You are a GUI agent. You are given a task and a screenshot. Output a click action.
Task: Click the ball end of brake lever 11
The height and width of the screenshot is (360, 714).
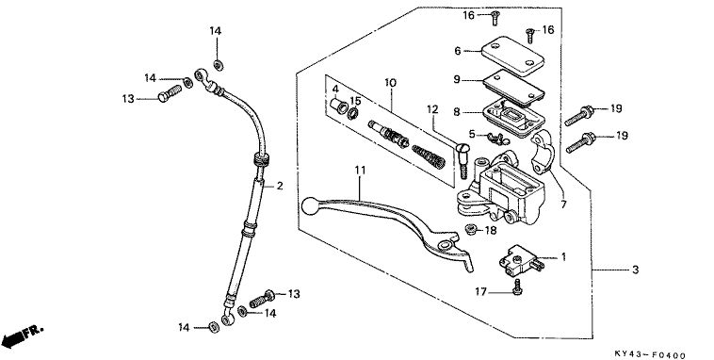coord(310,205)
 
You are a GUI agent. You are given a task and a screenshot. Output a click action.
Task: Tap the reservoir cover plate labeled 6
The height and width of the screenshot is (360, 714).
coord(512,56)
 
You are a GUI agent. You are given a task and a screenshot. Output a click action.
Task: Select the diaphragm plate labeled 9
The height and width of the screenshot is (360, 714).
coord(513,88)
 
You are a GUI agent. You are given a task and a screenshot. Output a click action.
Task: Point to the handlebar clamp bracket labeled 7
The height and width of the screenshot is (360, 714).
coord(542,152)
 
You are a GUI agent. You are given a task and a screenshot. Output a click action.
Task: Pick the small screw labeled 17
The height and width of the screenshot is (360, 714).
coord(517,287)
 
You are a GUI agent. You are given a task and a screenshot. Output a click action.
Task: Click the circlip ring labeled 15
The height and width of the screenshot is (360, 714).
coord(353,113)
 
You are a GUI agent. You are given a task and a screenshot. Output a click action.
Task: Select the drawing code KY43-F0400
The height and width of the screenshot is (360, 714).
coord(650,354)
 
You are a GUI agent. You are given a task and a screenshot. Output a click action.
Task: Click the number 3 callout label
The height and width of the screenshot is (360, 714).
coord(635,270)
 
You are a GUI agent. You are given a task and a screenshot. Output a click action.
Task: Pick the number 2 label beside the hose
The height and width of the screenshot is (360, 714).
coord(280,186)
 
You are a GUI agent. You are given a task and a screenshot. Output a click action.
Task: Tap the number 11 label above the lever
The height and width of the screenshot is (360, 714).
coord(360,170)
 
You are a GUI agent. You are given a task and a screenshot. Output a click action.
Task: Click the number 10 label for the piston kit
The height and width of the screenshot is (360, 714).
coord(390,83)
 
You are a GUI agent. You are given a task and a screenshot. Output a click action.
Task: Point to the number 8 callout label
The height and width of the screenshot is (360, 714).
coord(456,111)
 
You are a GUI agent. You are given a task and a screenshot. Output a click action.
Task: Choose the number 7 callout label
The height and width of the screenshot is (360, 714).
coord(563,205)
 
